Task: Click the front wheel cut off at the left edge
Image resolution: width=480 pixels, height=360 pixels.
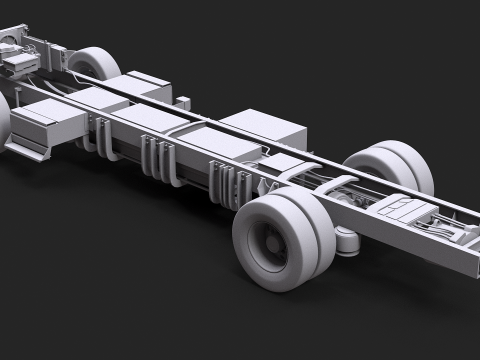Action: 3,116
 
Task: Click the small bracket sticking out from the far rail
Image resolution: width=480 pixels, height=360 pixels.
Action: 184,100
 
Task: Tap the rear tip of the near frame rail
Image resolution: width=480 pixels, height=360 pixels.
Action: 470,268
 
